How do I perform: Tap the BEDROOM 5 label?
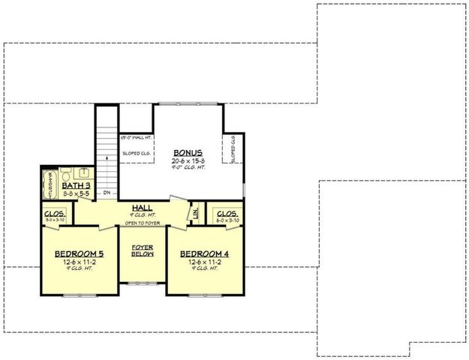click(79, 253)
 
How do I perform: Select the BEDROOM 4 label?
click(204, 253)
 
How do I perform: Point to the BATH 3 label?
click(77, 184)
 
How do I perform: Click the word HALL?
click(143, 208)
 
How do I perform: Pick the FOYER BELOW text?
click(143, 250)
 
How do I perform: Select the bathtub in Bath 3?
click(51, 187)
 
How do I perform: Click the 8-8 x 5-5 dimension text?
click(77, 193)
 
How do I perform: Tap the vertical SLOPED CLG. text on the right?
click(233, 150)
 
